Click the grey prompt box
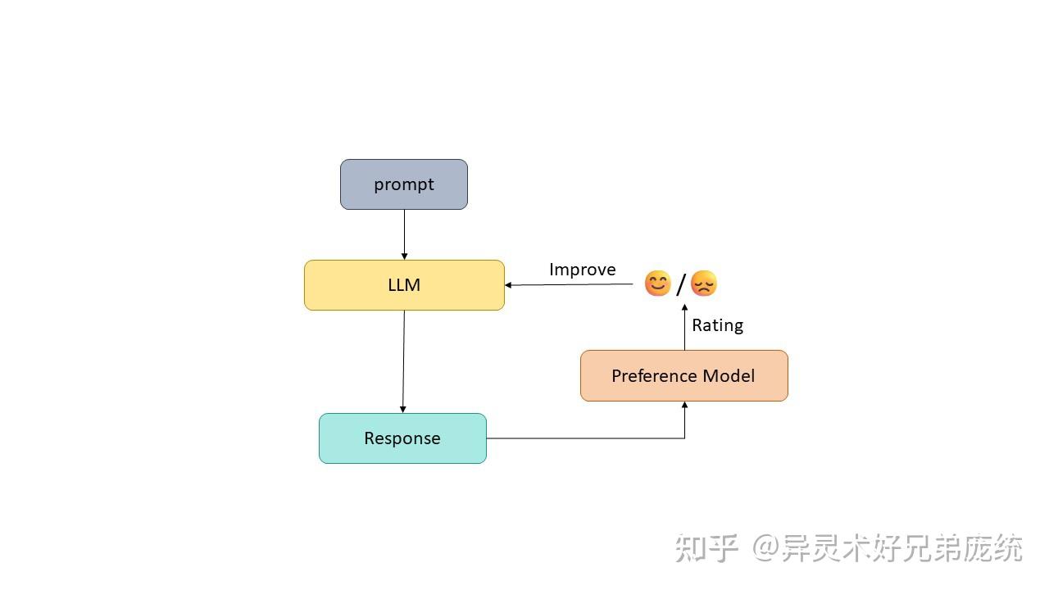click(x=404, y=184)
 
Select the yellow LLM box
click(x=404, y=285)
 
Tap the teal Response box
click(x=402, y=438)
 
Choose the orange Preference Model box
click(x=683, y=376)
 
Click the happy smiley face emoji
click(x=657, y=284)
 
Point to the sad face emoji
click(x=704, y=284)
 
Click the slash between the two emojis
click(x=680, y=284)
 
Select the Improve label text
click(x=582, y=270)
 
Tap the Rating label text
click(x=717, y=325)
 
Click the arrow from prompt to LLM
click(x=404, y=234)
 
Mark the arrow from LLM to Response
click(x=403, y=361)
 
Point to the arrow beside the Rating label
click(x=684, y=328)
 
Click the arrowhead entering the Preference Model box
click(x=684, y=405)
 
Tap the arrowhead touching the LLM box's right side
click(x=509, y=285)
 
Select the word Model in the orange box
click(x=730, y=376)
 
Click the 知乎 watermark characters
click(x=707, y=548)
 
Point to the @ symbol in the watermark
click(x=765, y=548)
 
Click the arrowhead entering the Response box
click(x=402, y=410)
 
